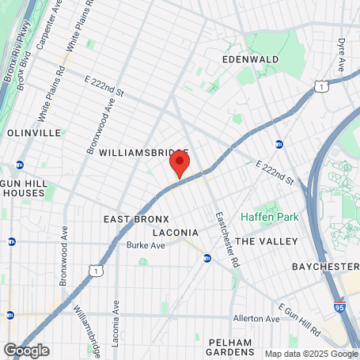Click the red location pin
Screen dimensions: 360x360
180,165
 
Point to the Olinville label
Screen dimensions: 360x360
35,133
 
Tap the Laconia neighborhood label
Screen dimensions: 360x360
174,233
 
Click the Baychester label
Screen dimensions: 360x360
325,267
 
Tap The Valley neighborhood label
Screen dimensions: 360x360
267,241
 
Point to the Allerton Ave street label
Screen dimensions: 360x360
256,319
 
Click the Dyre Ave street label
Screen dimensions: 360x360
342,52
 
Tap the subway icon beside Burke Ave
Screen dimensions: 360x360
207,258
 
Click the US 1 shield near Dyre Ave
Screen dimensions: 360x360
319,85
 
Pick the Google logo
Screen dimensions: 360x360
26,350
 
